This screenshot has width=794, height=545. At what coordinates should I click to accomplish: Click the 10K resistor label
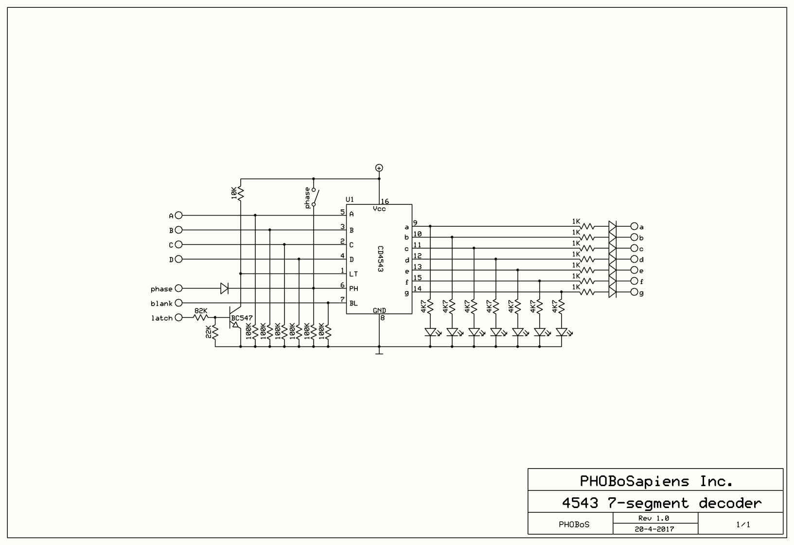coord(234,193)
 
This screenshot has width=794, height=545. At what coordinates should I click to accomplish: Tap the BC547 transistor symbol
coord(236,317)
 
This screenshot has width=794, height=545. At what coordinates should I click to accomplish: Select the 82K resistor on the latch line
coord(201,317)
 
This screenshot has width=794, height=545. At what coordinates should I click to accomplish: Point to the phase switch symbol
coord(316,197)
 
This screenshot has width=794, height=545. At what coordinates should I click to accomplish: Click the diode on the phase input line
coord(224,289)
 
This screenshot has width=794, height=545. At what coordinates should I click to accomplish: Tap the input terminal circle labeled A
coord(178,215)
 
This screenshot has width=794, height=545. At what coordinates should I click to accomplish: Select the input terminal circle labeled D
coord(178,259)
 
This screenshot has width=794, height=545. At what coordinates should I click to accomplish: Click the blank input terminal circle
coord(178,303)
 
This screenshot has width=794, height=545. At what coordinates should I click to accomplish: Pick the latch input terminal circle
coord(178,318)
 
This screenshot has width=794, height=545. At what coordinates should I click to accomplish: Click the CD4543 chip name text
coord(380,258)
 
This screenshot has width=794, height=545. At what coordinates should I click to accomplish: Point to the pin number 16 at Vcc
coord(385,201)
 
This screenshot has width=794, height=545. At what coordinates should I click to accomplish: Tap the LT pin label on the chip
coord(353,274)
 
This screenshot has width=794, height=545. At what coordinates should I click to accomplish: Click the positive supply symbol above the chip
coord(379,168)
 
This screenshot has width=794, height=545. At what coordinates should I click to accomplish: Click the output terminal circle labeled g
coord(634,292)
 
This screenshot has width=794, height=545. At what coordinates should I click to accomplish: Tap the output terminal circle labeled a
coord(634,226)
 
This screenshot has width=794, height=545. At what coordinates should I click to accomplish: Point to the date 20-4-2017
coord(654,529)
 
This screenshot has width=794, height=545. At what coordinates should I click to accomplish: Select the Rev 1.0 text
coord(654,518)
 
